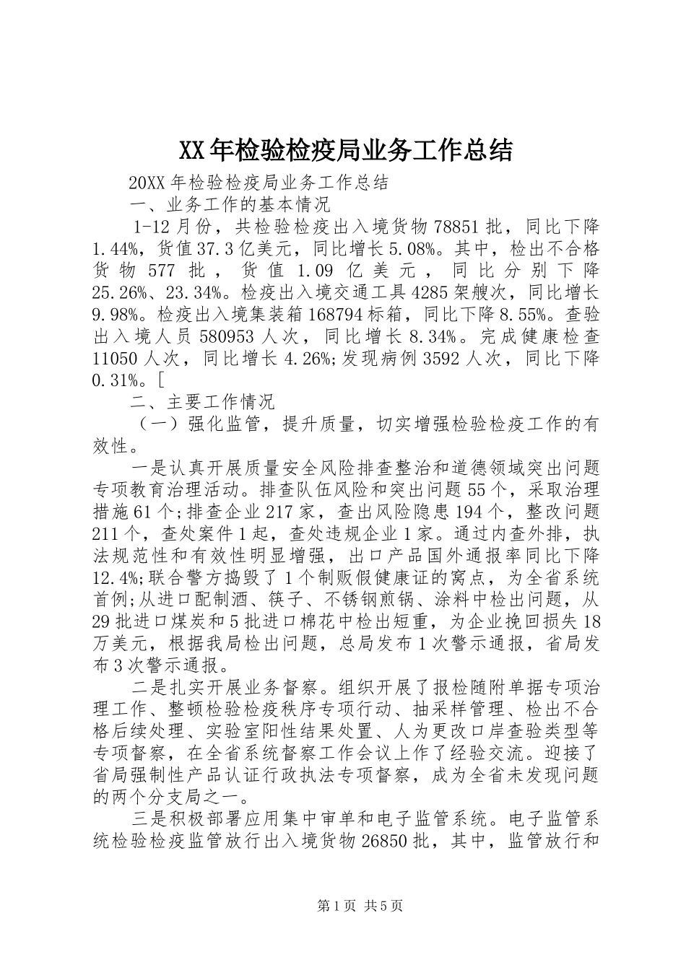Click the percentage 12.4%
coord(116,577)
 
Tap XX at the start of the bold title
coord(191,150)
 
